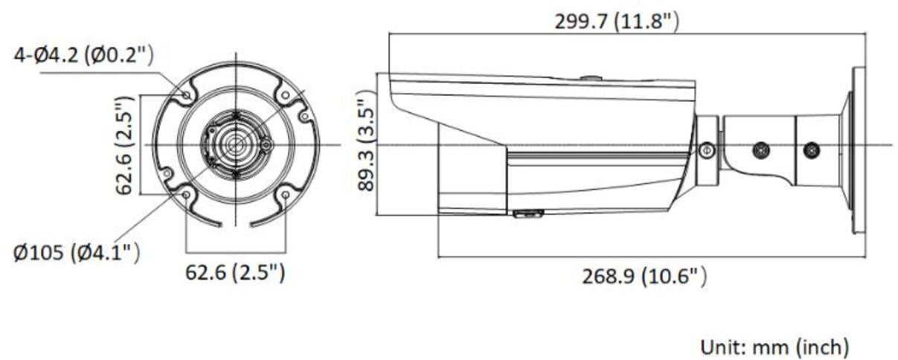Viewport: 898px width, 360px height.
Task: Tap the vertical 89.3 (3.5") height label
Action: tap(366, 141)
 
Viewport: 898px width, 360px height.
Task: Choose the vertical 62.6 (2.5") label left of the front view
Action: tap(124, 144)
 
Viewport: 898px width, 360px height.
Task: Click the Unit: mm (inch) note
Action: tap(774, 346)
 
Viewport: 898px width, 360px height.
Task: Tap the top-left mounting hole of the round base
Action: tap(186, 94)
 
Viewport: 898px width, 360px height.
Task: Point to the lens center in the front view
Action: tap(236, 144)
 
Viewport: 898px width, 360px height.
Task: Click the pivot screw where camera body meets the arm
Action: tap(707, 151)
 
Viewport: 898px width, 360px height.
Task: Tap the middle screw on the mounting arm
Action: tap(760, 150)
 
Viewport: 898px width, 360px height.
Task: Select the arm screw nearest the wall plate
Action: tap(812, 150)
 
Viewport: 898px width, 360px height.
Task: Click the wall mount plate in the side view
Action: tap(858, 149)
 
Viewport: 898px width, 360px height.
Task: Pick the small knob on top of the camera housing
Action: tap(590, 77)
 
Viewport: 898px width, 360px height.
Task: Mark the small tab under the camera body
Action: tap(527, 214)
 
